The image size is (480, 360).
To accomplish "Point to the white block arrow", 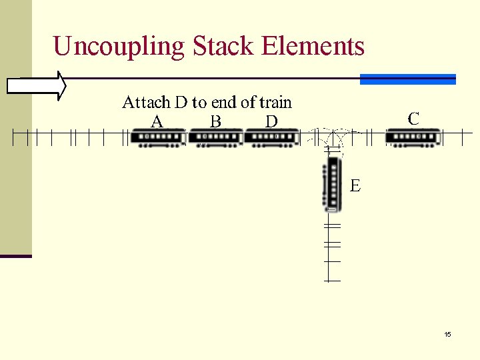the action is point(37,86).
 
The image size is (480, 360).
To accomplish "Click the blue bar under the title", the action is point(407,79).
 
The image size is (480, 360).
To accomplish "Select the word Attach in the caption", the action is point(145,102).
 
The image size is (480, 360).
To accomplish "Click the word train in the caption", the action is point(275,102).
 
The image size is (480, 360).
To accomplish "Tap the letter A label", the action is point(157,121).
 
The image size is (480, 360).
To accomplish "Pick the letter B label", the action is point(215,121).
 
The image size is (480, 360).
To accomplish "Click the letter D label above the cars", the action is point(271,121).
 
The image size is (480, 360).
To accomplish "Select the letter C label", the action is point(413,119).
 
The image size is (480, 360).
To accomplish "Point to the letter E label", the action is point(355,185).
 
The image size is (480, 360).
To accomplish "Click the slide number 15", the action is point(447,334).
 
